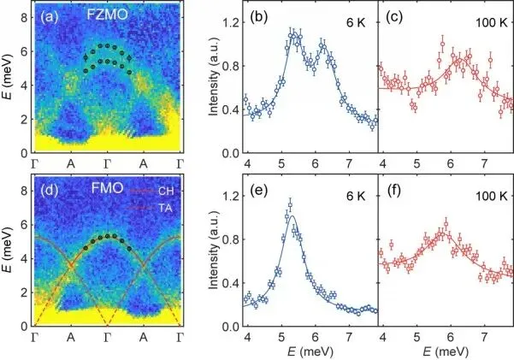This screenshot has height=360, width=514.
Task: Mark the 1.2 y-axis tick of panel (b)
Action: [225, 23]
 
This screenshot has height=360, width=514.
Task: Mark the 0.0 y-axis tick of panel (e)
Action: [225, 327]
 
